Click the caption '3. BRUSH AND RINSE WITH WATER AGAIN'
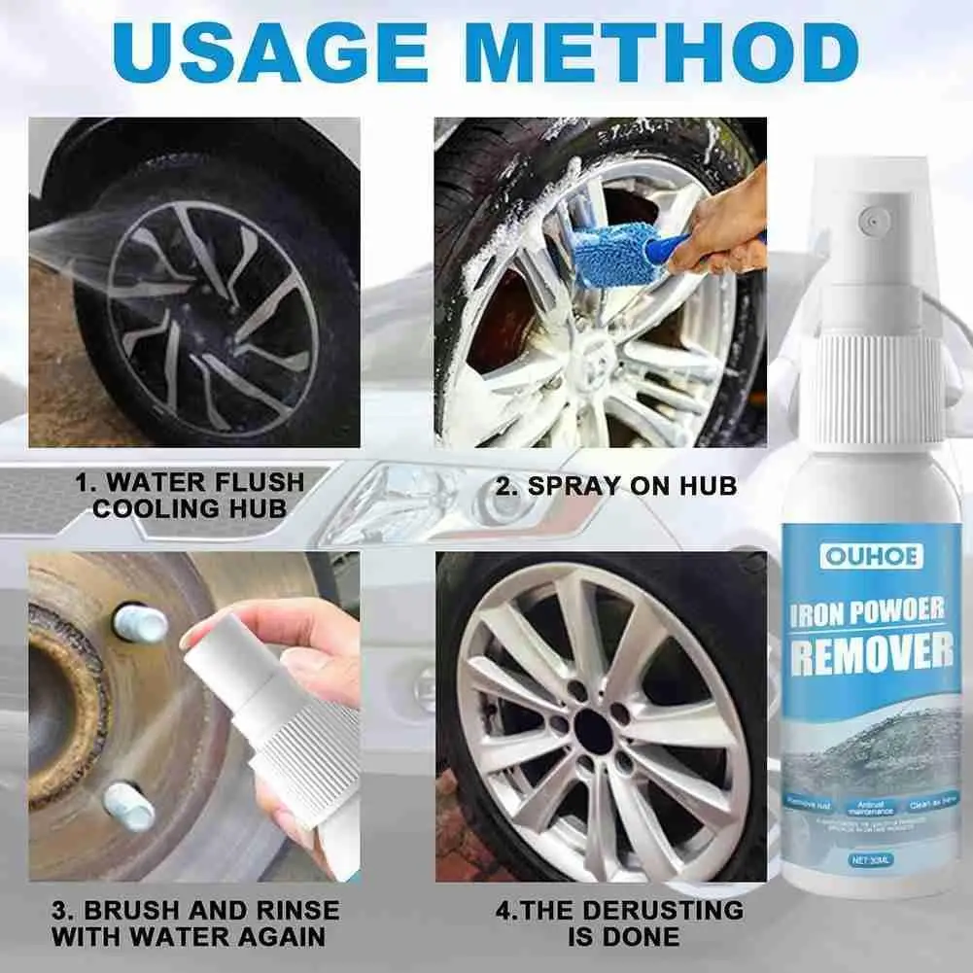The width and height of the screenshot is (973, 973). tap(195, 923)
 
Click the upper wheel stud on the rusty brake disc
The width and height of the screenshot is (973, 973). tap(139, 623)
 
